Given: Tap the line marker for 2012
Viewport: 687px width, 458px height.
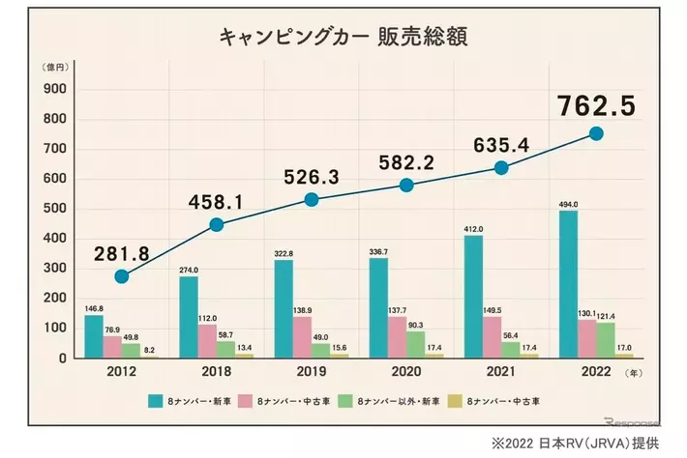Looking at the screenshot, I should click(121, 276).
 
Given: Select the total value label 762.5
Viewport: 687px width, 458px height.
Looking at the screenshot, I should click(595, 104).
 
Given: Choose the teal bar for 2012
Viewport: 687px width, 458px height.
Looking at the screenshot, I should click(93, 336).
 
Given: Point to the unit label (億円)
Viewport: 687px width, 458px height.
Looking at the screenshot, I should click(54, 68).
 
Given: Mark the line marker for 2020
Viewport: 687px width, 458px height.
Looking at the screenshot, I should click(406, 185).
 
